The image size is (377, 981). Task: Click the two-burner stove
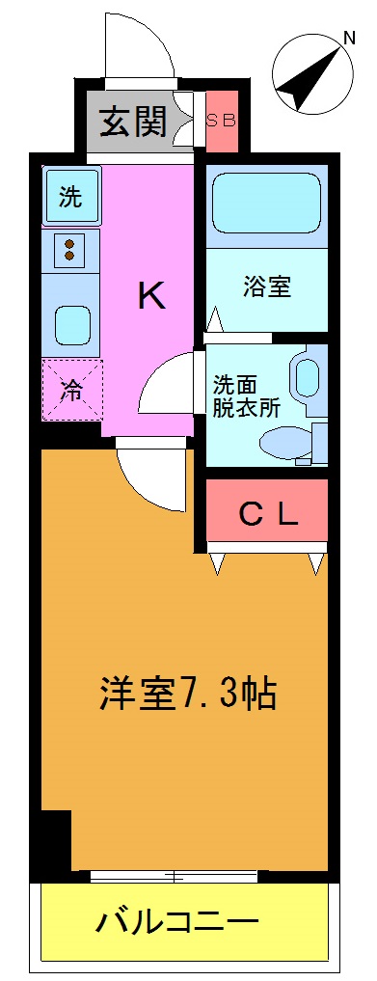click(70, 250)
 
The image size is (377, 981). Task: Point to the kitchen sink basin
click(71, 323)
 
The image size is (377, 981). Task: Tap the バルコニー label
click(177, 923)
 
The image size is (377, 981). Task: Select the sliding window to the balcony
click(175, 876)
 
